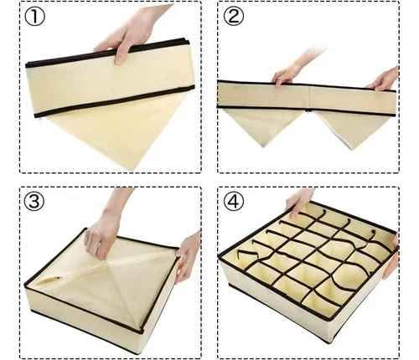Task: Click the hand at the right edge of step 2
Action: [385, 80]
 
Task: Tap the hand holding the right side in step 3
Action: [186, 255]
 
